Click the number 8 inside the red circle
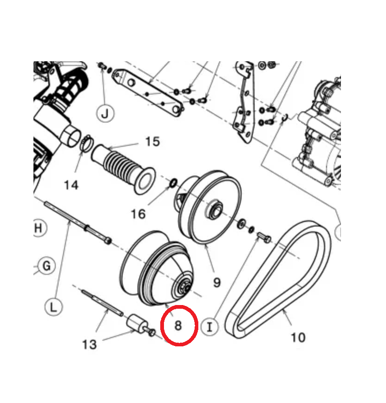[178, 325]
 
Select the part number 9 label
[217, 282]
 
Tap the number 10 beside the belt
[298, 337]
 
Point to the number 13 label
[89, 344]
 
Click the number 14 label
[71, 185]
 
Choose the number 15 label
[152, 142]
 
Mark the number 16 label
[138, 214]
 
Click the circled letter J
[105, 113]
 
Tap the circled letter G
[46, 266]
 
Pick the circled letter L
[53, 307]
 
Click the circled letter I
[209, 327]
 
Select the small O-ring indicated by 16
[173, 182]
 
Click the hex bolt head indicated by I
[268, 239]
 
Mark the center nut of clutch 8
[184, 287]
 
